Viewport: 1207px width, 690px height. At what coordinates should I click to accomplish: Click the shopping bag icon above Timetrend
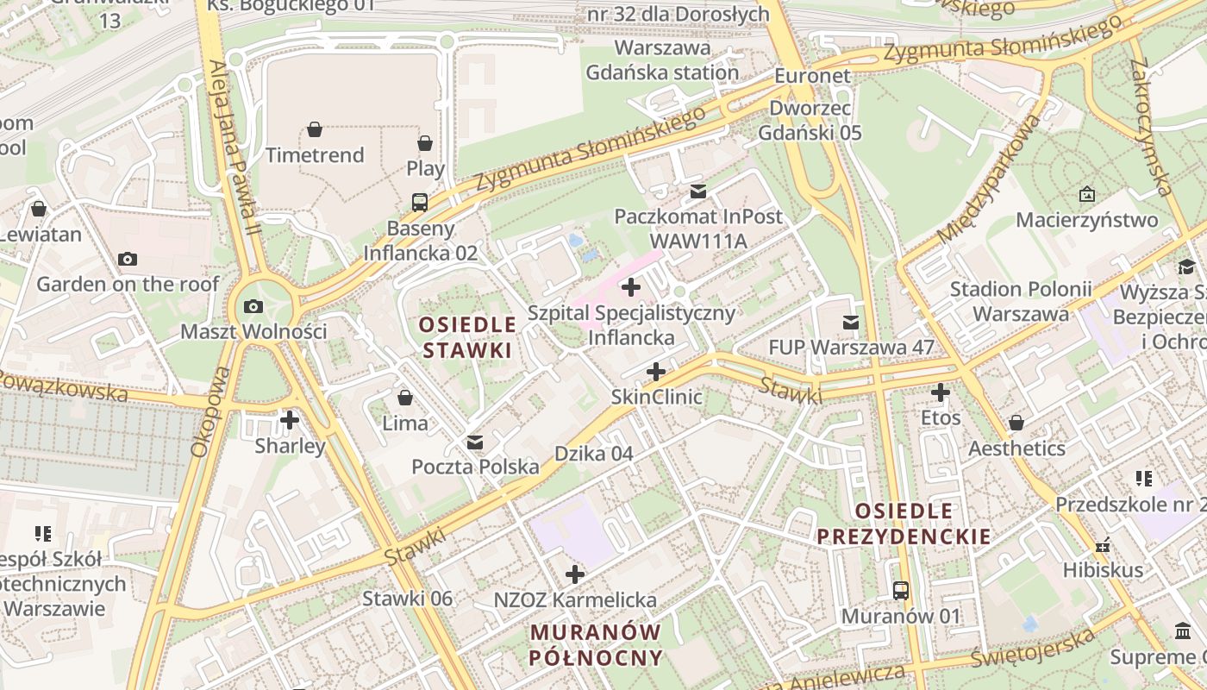click(315, 129)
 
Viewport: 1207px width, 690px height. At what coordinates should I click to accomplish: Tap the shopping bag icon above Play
click(425, 143)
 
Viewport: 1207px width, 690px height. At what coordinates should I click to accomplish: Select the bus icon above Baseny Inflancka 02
click(420, 203)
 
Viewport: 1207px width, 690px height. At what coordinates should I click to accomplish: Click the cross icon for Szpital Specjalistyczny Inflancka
click(631, 286)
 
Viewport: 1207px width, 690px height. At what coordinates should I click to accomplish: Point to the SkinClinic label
click(656, 397)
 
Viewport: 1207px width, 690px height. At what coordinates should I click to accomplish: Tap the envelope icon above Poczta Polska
click(474, 442)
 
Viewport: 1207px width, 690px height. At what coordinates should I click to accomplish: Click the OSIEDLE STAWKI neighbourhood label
click(467, 337)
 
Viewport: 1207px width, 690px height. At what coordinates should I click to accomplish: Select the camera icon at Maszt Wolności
click(253, 306)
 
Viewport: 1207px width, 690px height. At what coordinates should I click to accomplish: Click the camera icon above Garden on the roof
click(128, 259)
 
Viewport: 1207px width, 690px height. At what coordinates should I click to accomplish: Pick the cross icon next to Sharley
click(290, 420)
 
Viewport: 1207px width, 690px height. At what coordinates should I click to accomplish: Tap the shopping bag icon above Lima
click(405, 398)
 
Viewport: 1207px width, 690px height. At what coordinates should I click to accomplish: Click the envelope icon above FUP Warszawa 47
click(851, 323)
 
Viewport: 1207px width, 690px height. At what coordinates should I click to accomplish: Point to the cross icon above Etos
click(940, 392)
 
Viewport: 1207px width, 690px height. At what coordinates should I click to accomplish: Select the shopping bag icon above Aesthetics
click(1016, 423)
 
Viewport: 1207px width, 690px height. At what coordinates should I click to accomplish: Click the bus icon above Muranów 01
click(901, 591)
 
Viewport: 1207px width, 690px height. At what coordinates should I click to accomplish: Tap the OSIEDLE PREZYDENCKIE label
click(904, 524)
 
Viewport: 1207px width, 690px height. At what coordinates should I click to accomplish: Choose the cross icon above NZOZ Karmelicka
click(575, 574)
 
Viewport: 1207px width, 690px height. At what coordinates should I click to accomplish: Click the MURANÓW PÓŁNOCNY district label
click(596, 644)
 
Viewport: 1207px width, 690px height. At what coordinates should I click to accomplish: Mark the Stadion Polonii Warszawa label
click(1021, 301)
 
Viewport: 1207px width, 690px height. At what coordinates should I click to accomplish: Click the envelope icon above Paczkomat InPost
click(697, 191)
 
